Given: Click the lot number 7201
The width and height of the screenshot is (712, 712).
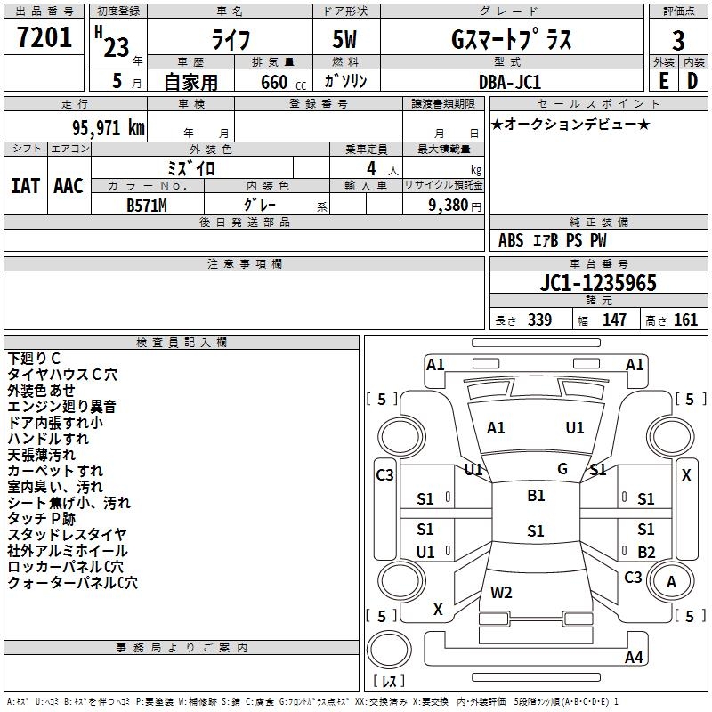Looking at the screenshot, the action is click(x=44, y=37).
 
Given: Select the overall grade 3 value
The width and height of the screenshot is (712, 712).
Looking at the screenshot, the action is click(x=678, y=41).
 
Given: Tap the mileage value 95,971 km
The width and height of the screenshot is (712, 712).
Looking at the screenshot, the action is click(x=108, y=128).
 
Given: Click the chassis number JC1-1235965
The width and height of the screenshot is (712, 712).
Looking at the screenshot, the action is click(x=598, y=283).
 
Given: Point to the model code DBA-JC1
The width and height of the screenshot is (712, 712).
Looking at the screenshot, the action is click(x=509, y=82).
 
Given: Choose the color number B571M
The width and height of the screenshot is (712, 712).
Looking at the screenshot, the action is click(x=147, y=206).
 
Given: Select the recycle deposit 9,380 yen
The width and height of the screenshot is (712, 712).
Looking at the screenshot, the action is click(x=454, y=206).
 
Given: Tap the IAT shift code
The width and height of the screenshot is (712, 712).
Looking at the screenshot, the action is click(x=26, y=186).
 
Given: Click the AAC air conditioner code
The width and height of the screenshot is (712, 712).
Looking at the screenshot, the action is click(x=69, y=186).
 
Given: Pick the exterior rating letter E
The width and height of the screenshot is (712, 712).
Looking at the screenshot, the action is click(x=664, y=81).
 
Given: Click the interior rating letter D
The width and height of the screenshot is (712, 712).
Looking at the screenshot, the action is click(x=692, y=81).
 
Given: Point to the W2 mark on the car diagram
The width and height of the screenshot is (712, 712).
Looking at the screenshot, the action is click(x=501, y=593).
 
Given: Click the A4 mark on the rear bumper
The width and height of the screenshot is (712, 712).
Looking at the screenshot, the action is click(x=634, y=657).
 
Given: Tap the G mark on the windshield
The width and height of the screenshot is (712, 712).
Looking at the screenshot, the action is click(x=562, y=469).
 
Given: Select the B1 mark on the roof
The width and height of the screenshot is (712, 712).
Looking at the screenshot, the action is click(x=536, y=496).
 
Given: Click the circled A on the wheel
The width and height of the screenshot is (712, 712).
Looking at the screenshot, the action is click(x=671, y=582).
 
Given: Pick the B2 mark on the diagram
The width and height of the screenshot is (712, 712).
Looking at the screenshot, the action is click(x=646, y=552).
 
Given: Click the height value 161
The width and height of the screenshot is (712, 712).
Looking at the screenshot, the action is click(x=685, y=320).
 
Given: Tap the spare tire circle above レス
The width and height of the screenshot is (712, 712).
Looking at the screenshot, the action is click(x=389, y=650).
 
